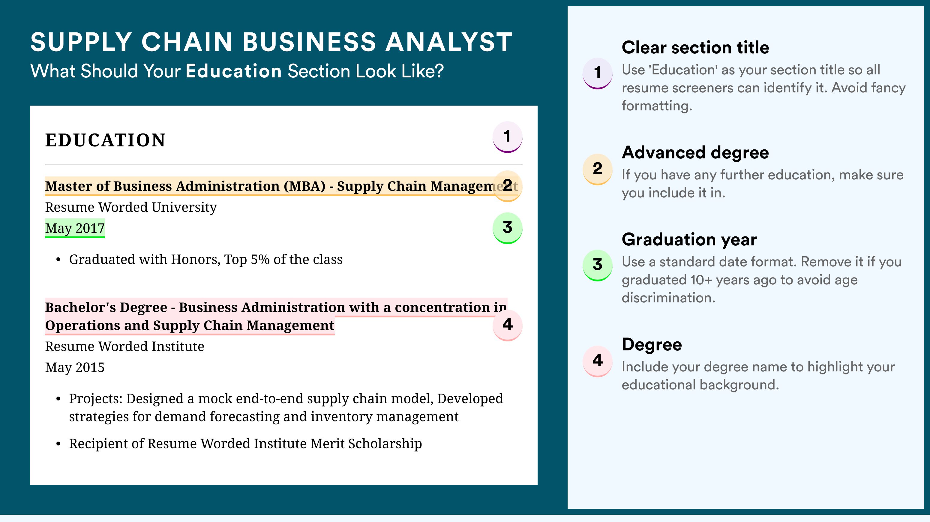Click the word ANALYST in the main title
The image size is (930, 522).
point(449,42)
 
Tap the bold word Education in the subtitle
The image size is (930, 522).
point(234,71)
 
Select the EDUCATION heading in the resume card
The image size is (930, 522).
point(105,140)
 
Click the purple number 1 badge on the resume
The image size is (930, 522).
point(507,137)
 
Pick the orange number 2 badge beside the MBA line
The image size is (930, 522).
point(507,186)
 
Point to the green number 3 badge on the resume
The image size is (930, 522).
point(507,228)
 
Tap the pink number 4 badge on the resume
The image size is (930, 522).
point(507,325)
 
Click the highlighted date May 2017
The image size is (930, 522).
point(75,228)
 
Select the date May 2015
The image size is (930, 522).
point(75,367)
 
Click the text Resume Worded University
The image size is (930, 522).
point(131,207)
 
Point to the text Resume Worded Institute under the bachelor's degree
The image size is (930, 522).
point(124,346)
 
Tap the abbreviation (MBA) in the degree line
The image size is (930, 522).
point(304,186)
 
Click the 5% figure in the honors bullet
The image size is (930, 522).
point(260,259)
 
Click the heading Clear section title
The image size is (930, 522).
point(695,48)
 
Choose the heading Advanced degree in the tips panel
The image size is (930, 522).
point(695,153)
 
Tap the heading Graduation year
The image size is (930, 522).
point(689,240)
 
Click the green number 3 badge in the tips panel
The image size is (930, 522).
point(598,265)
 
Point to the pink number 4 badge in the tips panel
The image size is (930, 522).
point(598,361)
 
